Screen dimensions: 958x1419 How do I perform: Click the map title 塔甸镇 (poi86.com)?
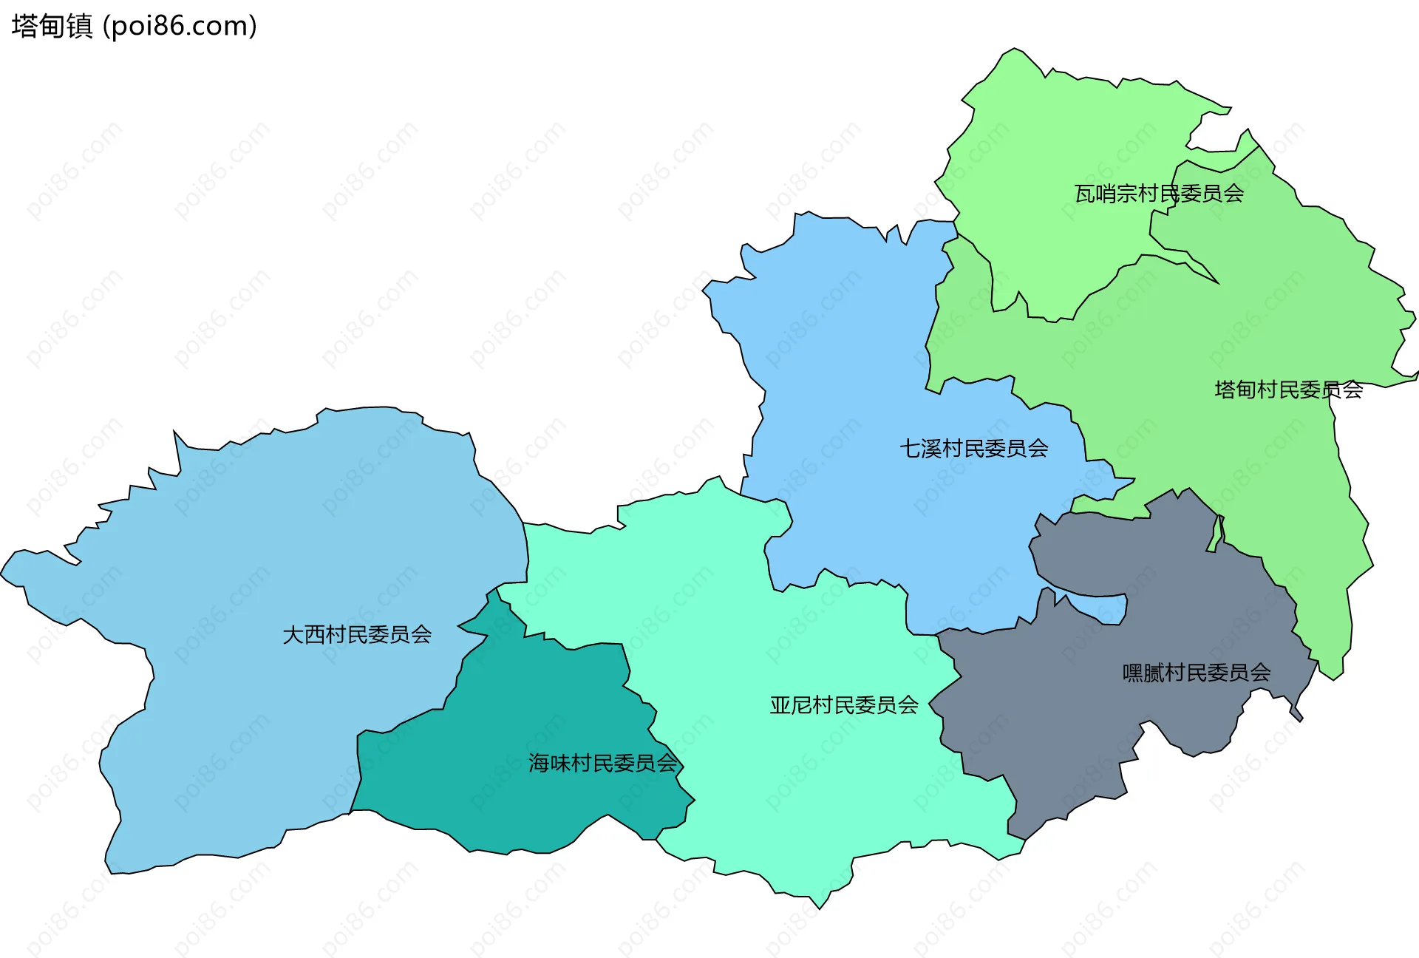134,27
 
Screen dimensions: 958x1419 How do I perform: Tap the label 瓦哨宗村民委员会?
1158,194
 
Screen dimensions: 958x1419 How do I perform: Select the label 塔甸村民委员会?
1288,390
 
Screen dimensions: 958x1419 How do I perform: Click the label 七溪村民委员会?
973,449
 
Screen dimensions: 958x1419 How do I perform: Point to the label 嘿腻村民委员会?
1196,673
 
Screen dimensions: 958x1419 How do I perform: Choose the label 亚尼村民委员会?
844,705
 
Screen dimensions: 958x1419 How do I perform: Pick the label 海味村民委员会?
602,763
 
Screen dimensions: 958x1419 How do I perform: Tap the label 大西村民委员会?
357,634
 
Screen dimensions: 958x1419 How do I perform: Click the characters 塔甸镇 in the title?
52,27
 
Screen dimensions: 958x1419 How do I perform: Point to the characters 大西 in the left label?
304,634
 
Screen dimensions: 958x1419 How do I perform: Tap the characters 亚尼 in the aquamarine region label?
791,705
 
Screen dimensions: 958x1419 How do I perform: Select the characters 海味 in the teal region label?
549,763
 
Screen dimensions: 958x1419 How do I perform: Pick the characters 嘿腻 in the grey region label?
1143,673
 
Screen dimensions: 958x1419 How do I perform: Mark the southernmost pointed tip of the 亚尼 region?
820,908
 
